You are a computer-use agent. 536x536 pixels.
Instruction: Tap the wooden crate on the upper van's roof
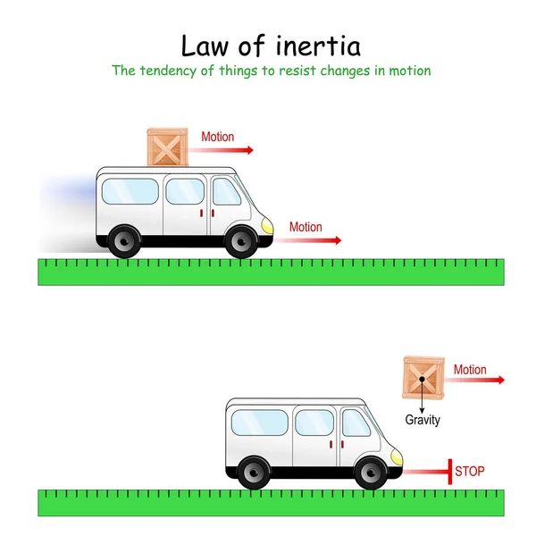coord(168,147)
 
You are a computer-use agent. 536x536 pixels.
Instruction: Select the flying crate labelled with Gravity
coord(423,378)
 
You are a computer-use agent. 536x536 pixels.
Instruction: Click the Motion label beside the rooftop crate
coord(217,137)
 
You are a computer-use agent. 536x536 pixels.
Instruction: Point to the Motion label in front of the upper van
coord(306,227)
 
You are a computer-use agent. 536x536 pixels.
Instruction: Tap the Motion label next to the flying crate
coord(470,370)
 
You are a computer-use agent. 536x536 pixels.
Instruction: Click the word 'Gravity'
coord(423,420)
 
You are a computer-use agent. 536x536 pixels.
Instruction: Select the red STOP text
coord(470,471)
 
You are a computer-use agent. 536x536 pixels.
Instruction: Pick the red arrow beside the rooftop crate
coord(227,150)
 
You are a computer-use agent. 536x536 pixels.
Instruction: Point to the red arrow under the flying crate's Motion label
coord(479,381)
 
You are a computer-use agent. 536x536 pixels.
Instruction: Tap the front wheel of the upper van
coord(240,240)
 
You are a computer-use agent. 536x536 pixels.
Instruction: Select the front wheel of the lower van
coord(371,472)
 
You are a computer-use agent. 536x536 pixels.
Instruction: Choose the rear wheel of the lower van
coord(254,472)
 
